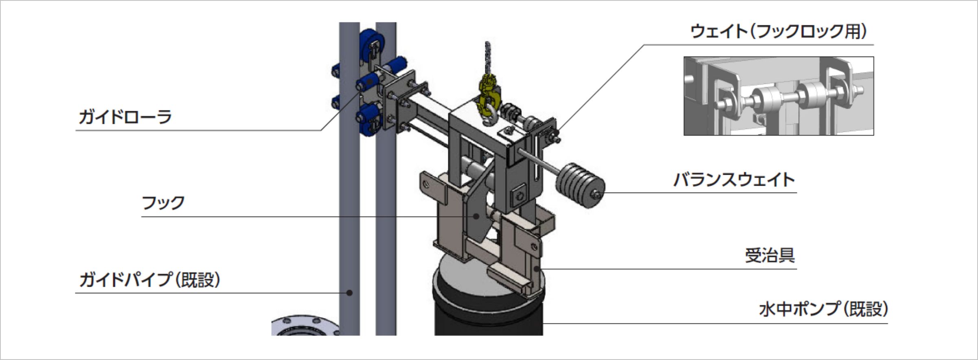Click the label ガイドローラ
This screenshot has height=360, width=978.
click(125, 117)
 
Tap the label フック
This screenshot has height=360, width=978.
click(163, 203)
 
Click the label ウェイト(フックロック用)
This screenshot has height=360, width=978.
click(778, 31)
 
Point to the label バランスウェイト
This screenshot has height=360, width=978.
click(734, 180)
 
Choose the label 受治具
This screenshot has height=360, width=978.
click(770, 255)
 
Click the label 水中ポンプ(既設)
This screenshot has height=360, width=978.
click(823, 309)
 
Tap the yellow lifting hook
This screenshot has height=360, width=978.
click(490, 100)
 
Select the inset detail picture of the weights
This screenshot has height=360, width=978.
click(778, 96)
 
